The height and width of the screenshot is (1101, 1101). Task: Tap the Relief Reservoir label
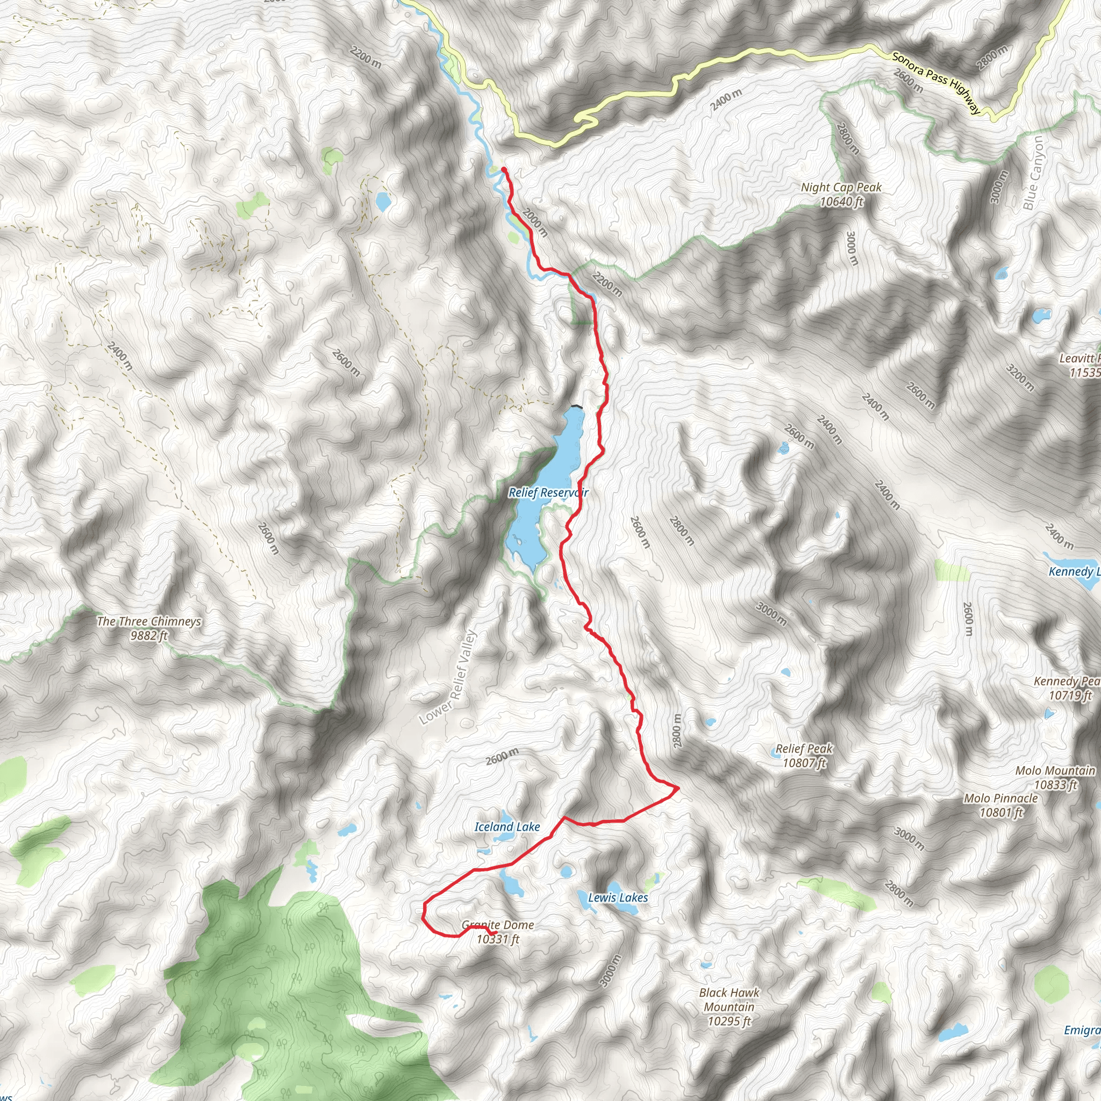548,492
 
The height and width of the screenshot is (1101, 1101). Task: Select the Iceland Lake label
507,826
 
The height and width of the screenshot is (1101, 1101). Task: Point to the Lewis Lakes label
618,898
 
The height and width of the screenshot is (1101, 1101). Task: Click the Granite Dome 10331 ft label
498,932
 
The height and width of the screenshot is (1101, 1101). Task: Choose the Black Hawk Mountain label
729,1007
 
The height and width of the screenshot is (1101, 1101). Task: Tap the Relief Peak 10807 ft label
804,756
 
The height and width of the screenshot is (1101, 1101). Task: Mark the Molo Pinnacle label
1000,805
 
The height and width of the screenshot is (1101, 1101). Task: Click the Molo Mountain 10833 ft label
1055,777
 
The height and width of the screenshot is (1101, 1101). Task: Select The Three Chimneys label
149,628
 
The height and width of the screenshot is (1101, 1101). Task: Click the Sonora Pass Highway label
936,83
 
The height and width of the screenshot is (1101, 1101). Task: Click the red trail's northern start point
504,169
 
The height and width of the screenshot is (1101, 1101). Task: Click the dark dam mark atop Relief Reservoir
577,406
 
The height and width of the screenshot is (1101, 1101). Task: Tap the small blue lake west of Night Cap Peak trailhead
382,201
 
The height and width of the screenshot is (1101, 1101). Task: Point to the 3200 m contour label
1019,378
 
